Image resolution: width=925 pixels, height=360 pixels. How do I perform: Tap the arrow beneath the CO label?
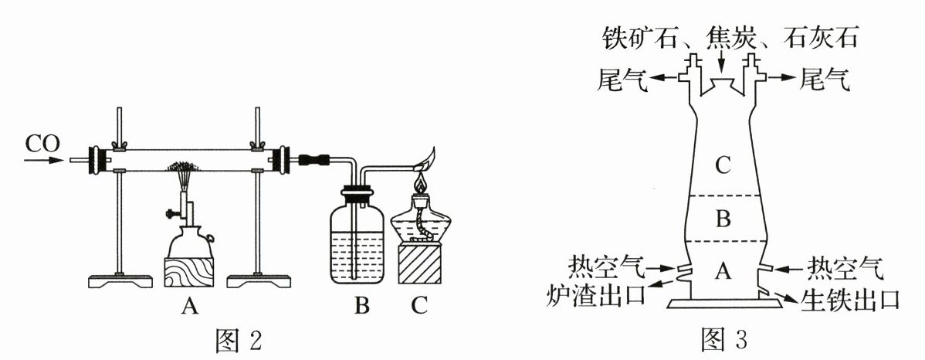(44, 160)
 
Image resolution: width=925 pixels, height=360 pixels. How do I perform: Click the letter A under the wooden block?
(188, 306)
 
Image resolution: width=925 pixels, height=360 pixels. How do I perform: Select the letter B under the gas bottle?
(362, 306)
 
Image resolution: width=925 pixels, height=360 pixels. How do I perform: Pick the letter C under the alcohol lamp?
(418, 306)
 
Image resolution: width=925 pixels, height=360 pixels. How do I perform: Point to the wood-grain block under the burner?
(188, 271)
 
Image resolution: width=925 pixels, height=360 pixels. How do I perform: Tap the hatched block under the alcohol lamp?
(419, 264)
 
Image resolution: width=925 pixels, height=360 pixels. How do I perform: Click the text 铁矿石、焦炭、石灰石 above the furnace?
(730, 39)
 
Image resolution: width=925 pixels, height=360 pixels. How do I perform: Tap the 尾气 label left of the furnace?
(623, 79)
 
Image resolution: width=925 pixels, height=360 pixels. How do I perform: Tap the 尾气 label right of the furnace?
(825, 79)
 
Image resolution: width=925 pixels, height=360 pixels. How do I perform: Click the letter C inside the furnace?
(723, 166)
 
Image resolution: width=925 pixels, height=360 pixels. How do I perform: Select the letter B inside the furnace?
(723, 219)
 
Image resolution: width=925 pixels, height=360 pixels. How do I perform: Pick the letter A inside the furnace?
(723, 271)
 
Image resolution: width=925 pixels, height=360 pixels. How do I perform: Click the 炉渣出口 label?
(596, 293)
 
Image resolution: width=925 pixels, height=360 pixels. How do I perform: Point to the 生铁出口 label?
(849, 299)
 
